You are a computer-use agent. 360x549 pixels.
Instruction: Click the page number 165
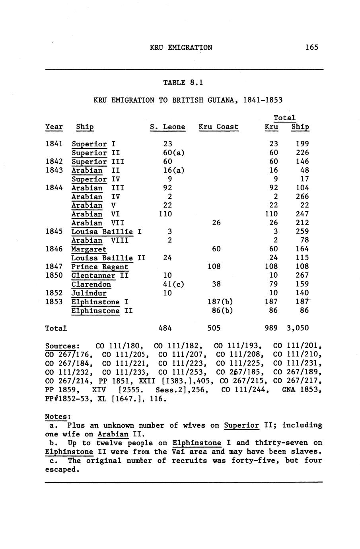[312, 47]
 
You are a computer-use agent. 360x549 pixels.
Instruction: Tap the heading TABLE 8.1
[183, 83]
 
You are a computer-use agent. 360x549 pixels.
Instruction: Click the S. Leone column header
[167, 127]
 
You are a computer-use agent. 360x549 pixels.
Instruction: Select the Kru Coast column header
[218, 127]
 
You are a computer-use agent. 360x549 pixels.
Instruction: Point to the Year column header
[54, 127]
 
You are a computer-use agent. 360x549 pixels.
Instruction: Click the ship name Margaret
[89, 249]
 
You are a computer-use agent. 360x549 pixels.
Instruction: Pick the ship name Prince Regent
[100, 267]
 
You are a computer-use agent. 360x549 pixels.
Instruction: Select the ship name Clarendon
[91, 284]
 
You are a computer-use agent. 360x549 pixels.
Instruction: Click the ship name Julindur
[89, 293]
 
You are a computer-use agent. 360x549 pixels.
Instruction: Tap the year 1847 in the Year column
[54, 267]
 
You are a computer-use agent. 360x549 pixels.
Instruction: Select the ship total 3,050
[298, 328]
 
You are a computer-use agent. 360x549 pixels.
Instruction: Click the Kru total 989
[271, 328]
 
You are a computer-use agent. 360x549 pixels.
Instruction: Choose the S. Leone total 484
[167, 328]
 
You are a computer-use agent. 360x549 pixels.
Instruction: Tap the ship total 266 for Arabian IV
[302, 197]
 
